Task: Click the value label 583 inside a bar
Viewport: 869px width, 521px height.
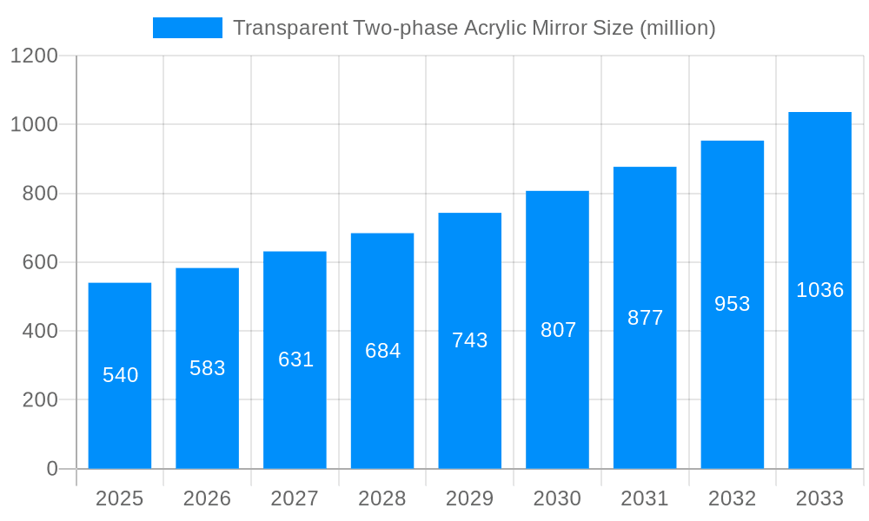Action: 208,368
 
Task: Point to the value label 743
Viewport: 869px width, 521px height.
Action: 470,340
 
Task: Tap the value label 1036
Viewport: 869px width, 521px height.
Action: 819,290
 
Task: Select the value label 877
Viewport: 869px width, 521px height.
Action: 645,318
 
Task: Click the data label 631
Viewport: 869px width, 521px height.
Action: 295,359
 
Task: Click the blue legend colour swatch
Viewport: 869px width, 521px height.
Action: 187,28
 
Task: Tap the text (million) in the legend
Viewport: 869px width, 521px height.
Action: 677,28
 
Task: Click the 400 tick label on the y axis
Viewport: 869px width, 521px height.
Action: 40,331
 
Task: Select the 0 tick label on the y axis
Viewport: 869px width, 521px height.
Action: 52,469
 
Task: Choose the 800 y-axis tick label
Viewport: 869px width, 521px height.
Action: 40,194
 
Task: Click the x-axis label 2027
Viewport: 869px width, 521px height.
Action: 295,498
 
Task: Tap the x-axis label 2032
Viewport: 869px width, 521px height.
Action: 732,498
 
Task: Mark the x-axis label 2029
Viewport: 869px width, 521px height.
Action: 469,498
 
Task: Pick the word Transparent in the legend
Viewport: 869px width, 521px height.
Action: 290,28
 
